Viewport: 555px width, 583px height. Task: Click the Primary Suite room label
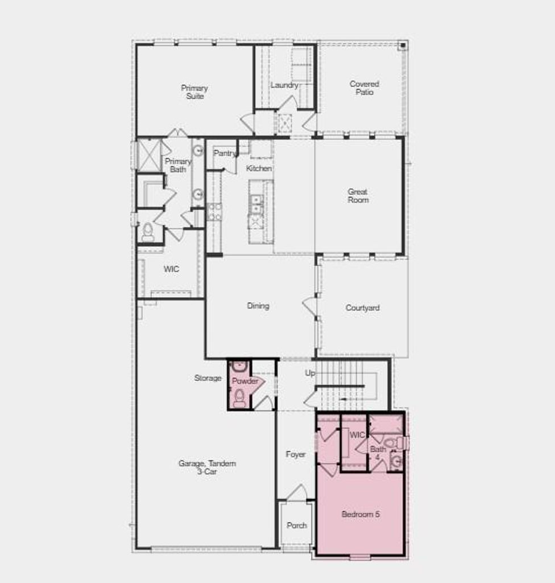pos(194,92)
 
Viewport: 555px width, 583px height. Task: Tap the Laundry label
pos(284,85)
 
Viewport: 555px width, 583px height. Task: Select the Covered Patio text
pos(365,88)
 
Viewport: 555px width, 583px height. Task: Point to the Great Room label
pos(358,196)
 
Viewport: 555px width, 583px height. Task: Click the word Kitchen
pos(259,169)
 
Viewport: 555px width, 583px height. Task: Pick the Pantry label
pos(225,153)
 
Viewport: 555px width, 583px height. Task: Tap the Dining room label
pos(258,306)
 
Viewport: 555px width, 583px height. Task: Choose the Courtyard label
pos(363,308)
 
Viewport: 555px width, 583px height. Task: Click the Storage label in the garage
pos(208,378)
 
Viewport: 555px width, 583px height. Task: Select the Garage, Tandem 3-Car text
pos(208,467)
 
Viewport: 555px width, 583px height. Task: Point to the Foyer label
pos(296,454)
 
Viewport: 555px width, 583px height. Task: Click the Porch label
pos(297,525)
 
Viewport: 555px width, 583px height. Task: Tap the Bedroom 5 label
pos(361,514)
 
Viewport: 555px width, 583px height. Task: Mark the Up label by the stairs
pos(310,373)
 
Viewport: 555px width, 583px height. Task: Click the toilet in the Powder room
pos(239,398)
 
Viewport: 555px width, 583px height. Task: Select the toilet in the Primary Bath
pos(148,232)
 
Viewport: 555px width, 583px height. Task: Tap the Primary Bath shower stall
pos(149,155)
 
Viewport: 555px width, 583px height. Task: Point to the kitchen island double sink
pos(256,205)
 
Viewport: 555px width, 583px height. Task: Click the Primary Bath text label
pos(178,165)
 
